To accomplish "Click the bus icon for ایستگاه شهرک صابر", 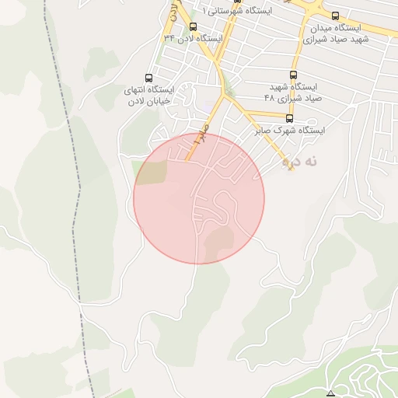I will pyautogui.click(x=290, y=118).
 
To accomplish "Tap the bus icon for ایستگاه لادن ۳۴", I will pyautogui.click(x=193, y=26).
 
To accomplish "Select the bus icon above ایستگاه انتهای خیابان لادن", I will pyautogui.click(x=149, y=77).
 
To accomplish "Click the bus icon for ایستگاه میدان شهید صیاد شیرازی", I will pyautogui.click(x=335, y=16).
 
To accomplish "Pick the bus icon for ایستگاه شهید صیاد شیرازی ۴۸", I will pyautogui.click(x=294, y=74).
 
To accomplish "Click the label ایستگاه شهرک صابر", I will pyautogui.click(x=290, y=131).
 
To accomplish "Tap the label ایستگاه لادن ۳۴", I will pyautogui.click(x=193, y=38).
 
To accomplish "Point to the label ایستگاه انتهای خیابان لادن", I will pyautogui.click(x=149, y=95).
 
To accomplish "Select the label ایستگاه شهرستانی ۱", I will pyautogui.click(x=236, y=11).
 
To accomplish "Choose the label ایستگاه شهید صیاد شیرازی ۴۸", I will pyautogui.click(x=294, y=92).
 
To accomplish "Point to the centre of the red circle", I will pyautogui.click(x=199, y=198).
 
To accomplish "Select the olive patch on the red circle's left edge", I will pyautogui.click(x=150, y=173).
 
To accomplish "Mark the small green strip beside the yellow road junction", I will pyautogui.click(x=226, y=92).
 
